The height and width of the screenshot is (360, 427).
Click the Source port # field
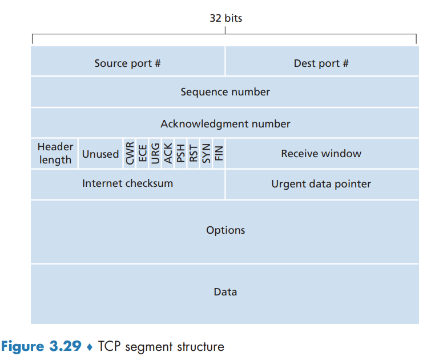[128, 61]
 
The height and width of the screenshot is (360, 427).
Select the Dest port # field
[322, 61]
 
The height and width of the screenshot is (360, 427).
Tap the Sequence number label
[225, 92]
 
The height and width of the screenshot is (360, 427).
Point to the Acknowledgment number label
[225, 124]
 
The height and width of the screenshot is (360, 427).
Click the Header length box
[54, 154]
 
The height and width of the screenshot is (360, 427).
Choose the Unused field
[100, 154]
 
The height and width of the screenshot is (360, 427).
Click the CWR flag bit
[130, 154]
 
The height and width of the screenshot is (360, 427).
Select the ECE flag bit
[142, 154]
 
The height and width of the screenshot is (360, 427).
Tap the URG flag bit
[155, 154]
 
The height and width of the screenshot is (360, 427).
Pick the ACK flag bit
[168, 154]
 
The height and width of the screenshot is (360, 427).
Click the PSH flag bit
[180, 154]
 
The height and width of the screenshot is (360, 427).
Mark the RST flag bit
[194, 154]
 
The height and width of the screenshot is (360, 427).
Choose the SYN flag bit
[206, 154]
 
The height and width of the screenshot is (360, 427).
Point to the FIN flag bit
[219, 154]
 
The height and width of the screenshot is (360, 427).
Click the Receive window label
[321, 154]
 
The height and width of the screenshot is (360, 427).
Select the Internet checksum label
[128, 183]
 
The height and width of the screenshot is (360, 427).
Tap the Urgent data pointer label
[321, 184]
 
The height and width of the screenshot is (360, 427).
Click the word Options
[225, 230]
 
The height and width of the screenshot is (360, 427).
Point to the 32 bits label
[225, 18]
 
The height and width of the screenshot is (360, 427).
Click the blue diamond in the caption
[90, 347]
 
